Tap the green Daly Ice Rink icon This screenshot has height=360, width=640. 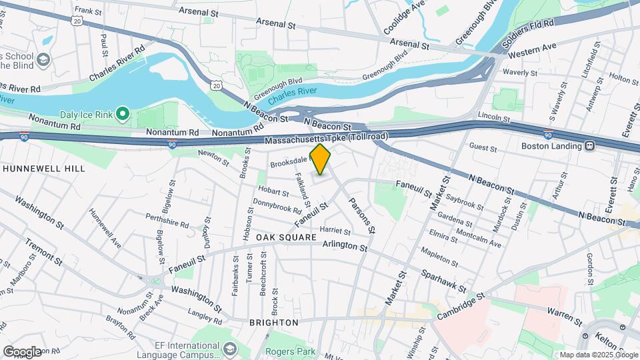[x=122, y=115]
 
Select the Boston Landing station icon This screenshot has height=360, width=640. [x=590, y=145]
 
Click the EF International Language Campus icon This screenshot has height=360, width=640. [x=230, y=349]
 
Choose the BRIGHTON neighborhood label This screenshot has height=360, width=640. [x=273, y=323]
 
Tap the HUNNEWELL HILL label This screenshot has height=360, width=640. [x=44, y=169]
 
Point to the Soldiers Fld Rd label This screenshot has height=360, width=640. [x=529, y=32]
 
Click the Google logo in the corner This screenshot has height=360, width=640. [x=22, y=351]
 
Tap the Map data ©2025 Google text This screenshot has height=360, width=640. [x=598, y=355]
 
